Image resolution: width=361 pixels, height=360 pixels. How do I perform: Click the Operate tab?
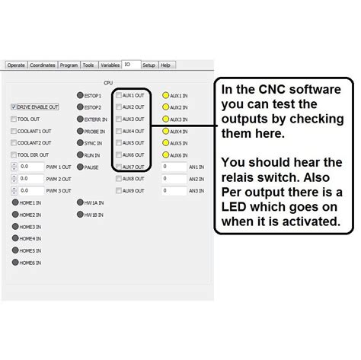tap(16, 65)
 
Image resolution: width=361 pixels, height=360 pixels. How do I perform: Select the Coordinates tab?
tap(43, 65)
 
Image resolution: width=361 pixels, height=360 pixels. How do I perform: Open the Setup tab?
tap(149, 65)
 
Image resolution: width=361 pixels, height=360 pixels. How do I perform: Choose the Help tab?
tap(165, 65)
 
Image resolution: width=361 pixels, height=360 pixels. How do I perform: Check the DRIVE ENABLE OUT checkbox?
tap(14, 107)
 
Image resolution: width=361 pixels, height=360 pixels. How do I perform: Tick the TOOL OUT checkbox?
tap(14, 119)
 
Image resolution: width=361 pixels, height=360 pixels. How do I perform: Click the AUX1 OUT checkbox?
tap(119, 96)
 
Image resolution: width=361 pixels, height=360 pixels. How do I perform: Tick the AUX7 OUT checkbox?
tap(119, 167)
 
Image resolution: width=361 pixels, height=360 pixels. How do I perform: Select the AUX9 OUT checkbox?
tap(119, 190)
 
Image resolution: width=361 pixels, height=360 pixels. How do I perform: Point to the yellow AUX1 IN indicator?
tap(165, 96)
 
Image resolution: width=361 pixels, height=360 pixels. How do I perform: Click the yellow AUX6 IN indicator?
tap(165, 155)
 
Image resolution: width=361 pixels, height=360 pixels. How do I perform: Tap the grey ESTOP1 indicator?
tap(80, 96)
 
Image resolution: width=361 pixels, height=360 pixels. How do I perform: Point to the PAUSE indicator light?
tap(80, 167)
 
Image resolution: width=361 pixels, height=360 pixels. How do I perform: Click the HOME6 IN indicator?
tap(14, 263)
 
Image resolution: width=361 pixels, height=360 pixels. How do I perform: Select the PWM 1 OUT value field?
tap(31, 167)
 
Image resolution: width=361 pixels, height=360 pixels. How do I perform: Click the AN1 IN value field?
tap(174, 167)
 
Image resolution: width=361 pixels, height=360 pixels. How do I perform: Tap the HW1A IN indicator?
tap(80, 202)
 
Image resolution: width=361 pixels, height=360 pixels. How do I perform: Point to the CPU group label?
tap(108, 82)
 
